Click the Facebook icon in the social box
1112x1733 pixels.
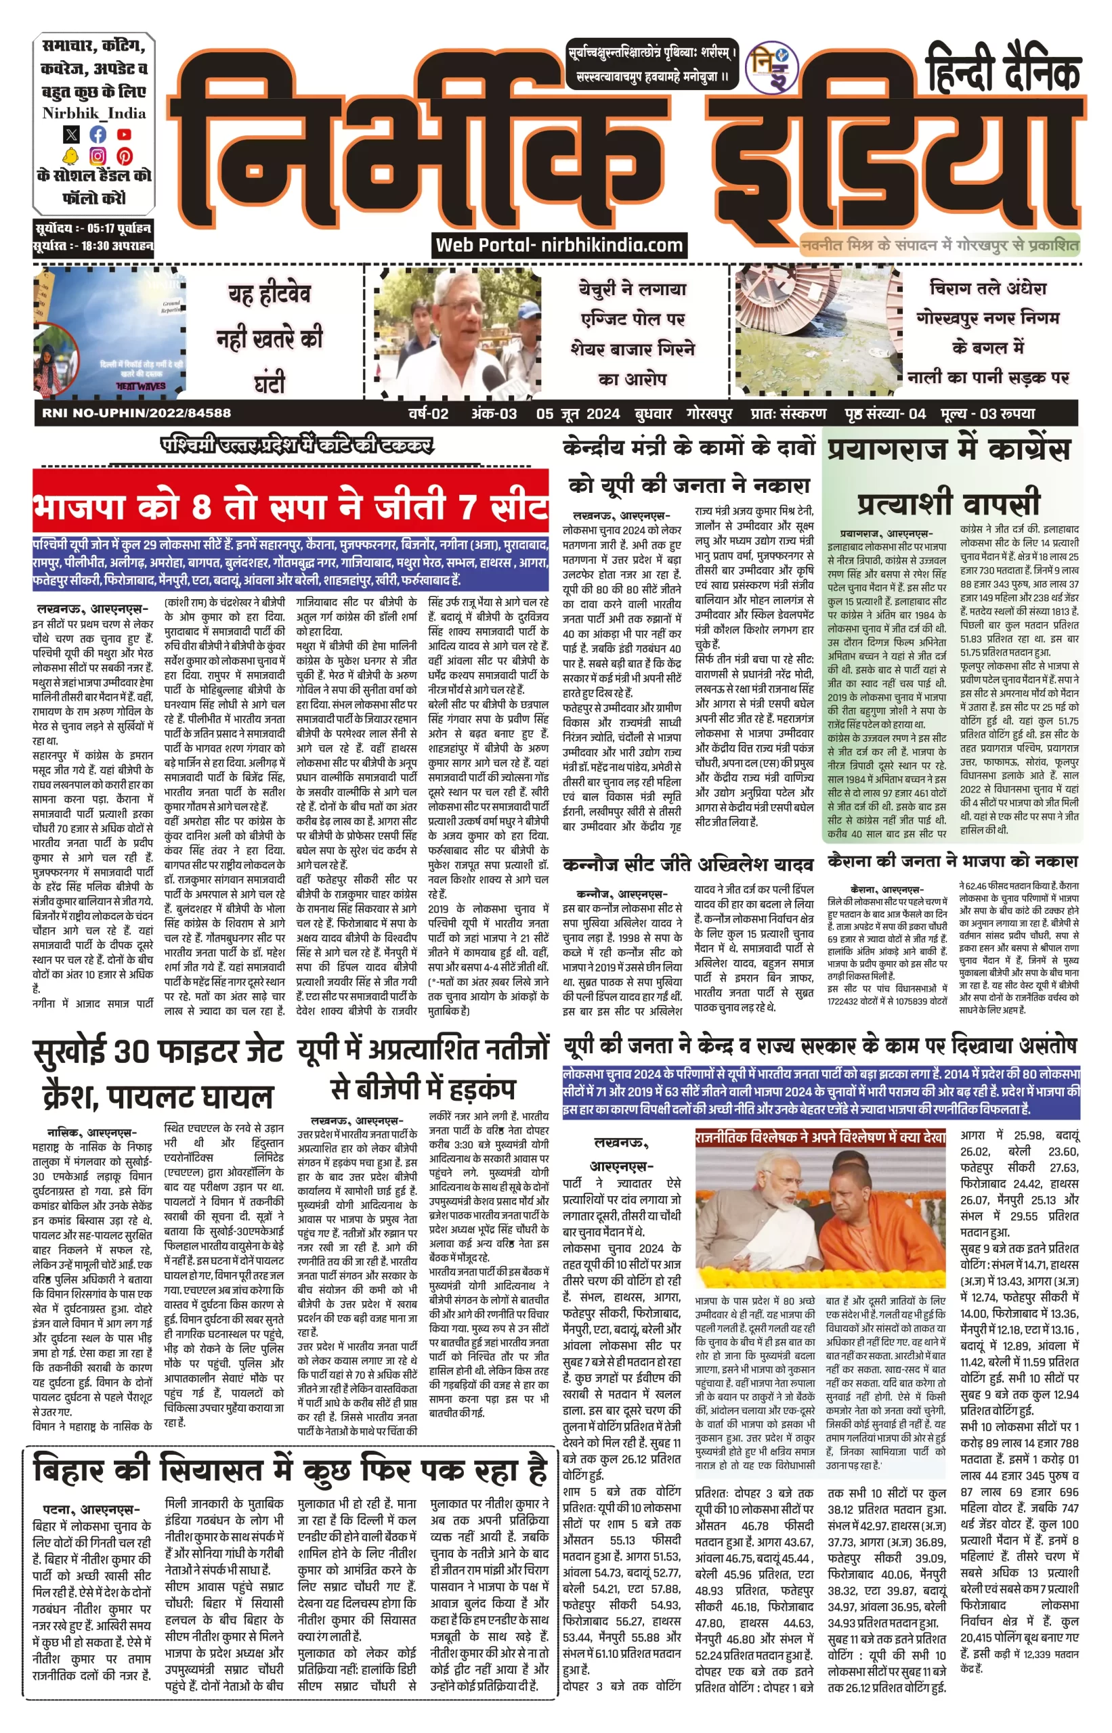[x=98, y=134]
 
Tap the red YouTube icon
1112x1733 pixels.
[x=124, y=134]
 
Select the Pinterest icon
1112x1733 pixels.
[x=124, y=156]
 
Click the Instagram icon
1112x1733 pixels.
[x=98, y=156]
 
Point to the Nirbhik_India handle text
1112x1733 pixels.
[x=94, y=112]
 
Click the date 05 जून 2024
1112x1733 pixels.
[x=577, y=414]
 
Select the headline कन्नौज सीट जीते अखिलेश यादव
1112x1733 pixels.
[x=687, y=864]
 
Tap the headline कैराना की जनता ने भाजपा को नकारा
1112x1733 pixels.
[x=952, y=861]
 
